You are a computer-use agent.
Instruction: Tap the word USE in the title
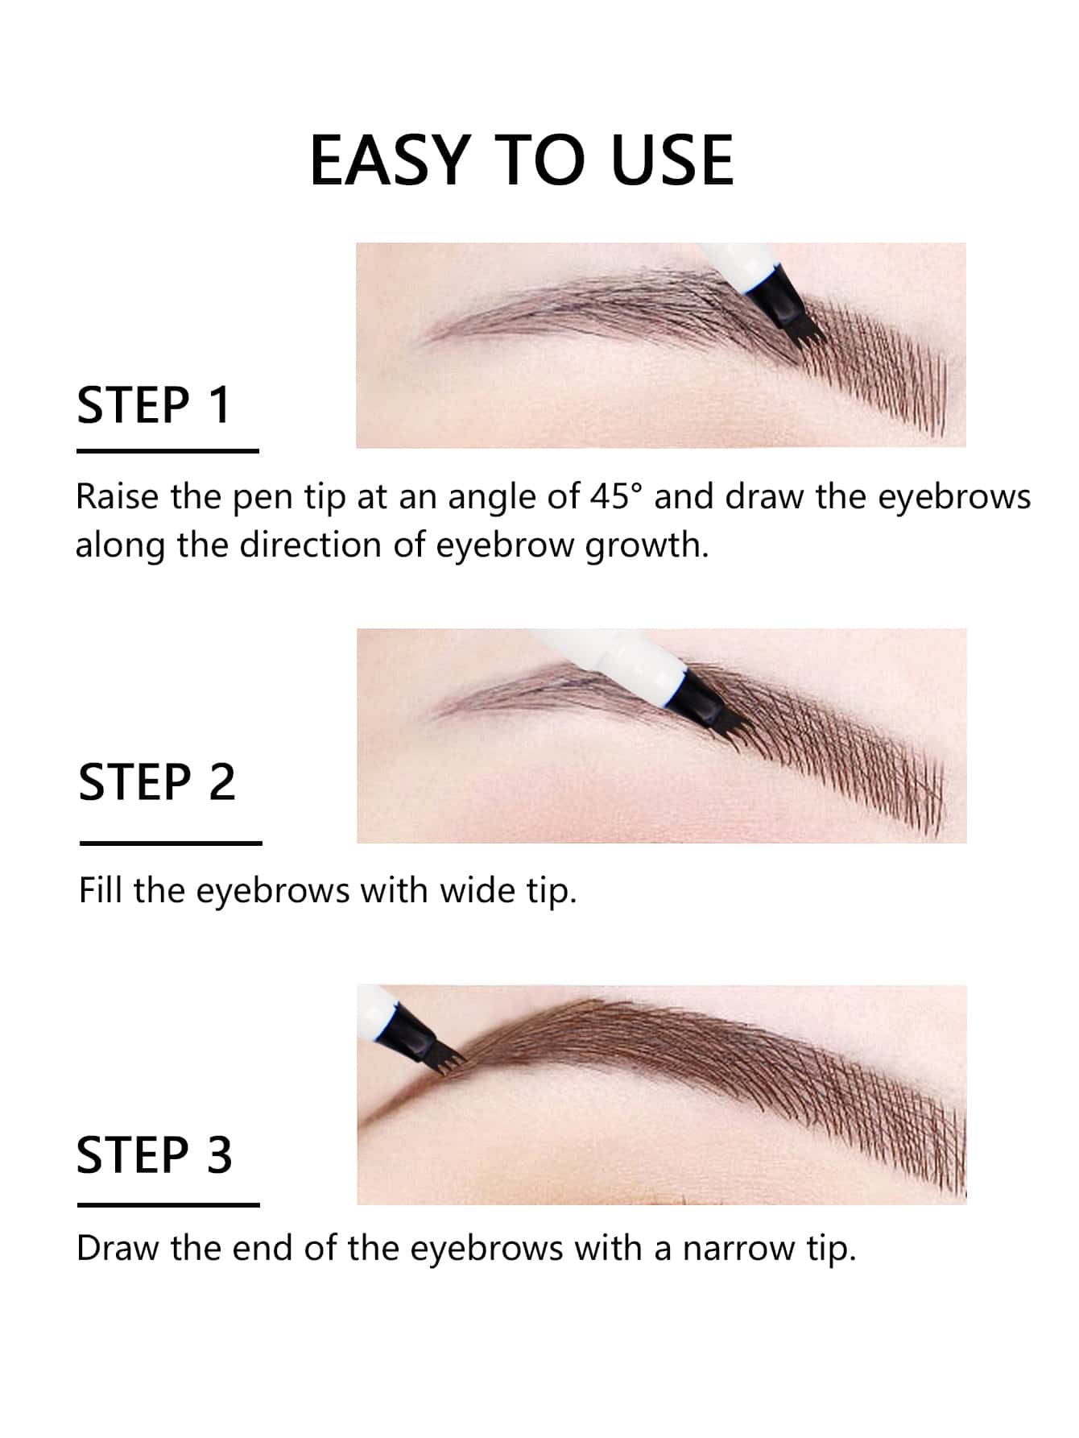[672, 161]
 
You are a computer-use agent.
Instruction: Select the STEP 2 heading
[157, 782]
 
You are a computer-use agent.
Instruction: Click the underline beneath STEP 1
[167, 451]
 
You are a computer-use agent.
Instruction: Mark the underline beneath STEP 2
[171, 843]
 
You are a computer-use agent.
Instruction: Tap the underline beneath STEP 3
[168, 1205]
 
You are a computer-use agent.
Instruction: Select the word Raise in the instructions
[118, 497]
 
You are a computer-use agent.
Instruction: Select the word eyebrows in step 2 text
[273, 891]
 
